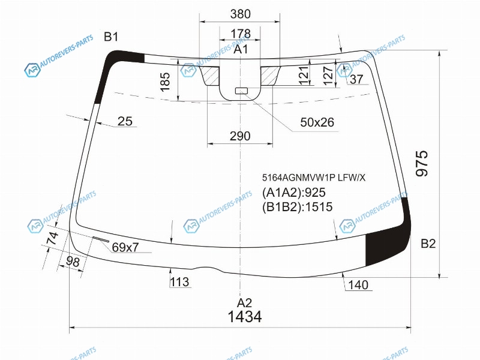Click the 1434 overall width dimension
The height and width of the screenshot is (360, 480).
(x=245, y=317)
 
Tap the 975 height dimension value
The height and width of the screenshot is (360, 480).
(x=422, y=163)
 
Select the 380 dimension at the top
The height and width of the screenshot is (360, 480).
(x=241, y=14)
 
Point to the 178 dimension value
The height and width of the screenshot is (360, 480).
(x=241, y=34)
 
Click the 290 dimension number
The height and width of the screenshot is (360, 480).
(x=241, y=136)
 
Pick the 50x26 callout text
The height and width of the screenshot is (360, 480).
(x=317, y=122)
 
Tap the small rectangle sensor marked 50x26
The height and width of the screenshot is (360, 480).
(x=241, y=91)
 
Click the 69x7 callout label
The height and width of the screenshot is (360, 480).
(x=125, y=247)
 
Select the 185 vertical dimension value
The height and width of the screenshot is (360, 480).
(x=165, y=82)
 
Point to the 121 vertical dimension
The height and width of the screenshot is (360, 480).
(x=304, y=75)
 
